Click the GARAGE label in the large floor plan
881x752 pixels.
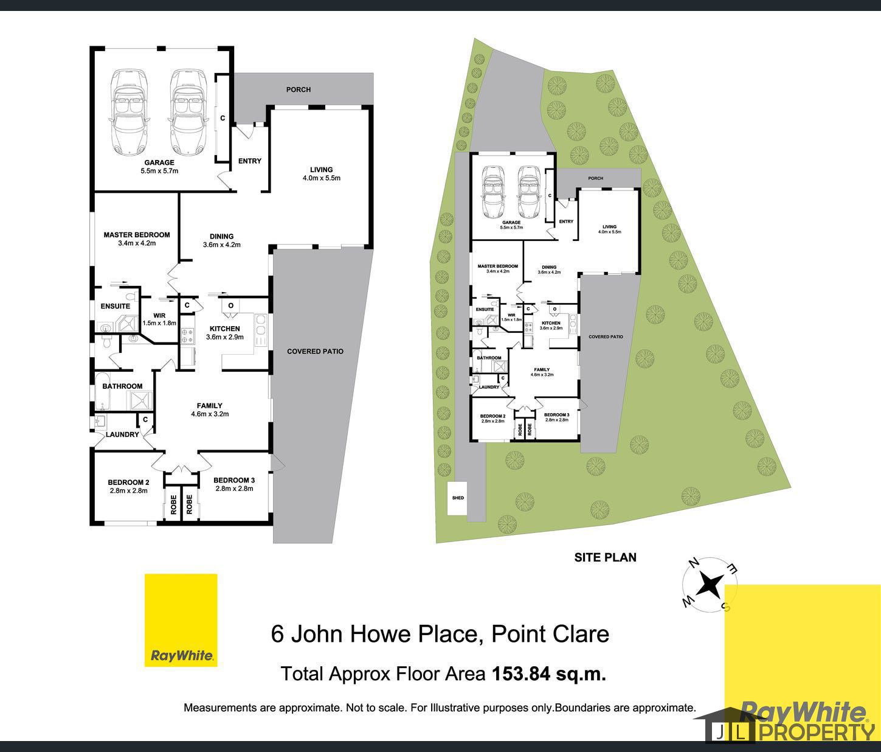[x=159, y=162]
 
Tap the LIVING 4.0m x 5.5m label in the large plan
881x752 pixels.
[x=321, y=174]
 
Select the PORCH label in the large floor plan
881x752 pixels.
[x=299, y=89]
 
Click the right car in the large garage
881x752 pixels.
[x=187, y=112]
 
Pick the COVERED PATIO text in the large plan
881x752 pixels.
[x=315, y=351]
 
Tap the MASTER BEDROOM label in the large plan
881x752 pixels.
[x=137, y=235]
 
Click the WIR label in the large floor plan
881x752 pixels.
[x=159, y=315]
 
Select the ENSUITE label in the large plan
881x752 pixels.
[x=116, y=306]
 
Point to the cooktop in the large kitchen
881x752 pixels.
[x=187, y=334]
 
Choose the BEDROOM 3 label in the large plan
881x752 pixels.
[x=234, y=480]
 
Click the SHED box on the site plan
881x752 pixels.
[x=458, y=498]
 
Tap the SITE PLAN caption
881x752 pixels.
[x=605, y=557]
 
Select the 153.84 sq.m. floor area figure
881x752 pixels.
[x=548, y=674]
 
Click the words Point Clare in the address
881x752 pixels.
[x=550, y=634]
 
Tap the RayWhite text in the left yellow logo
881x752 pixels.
[x=181, y=656]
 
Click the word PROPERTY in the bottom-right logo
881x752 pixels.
[x=815, y=731]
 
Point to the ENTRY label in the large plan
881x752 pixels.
[x=249, y=161]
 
